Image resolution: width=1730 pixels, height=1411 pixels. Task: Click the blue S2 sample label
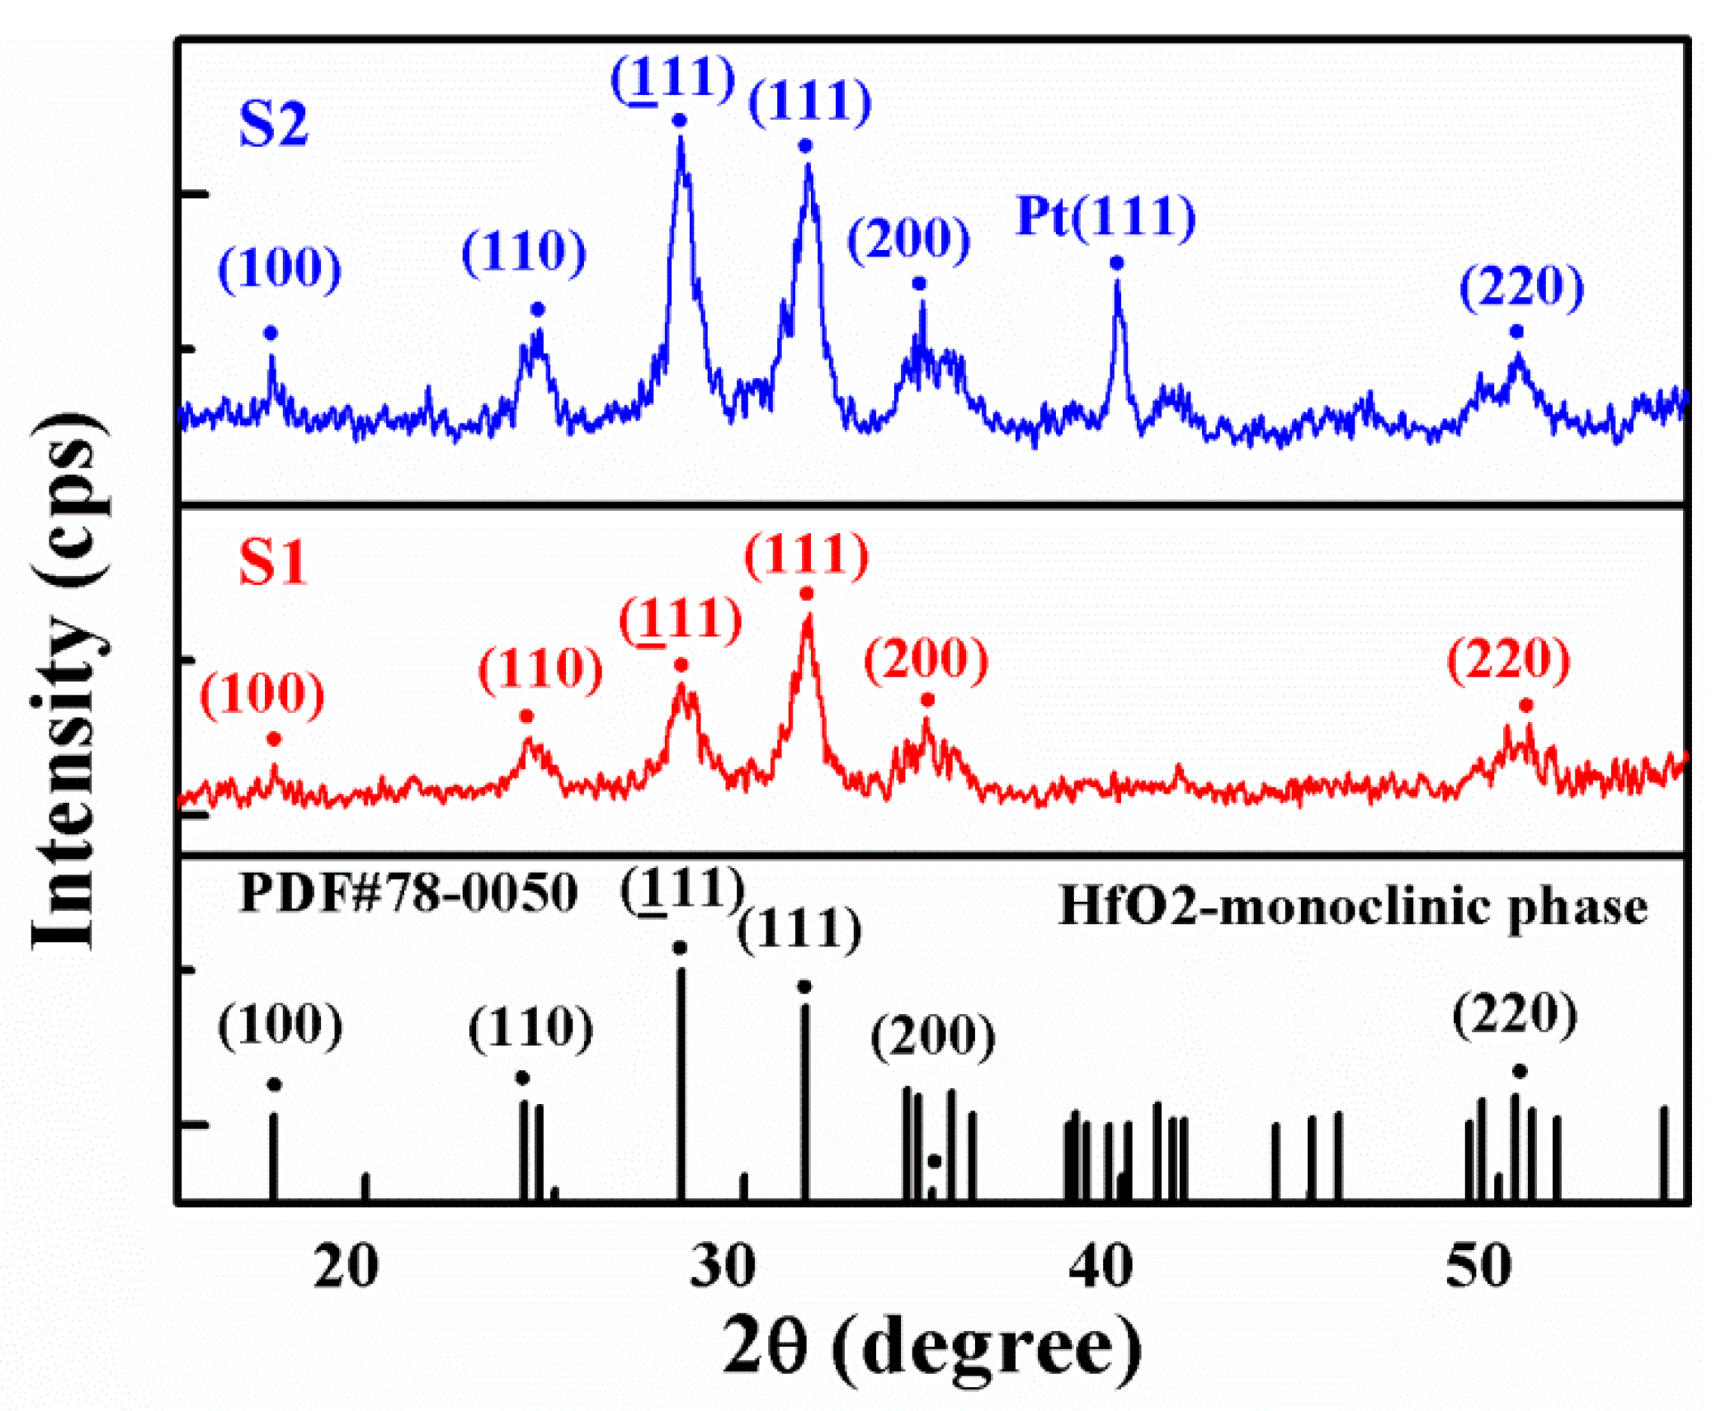[x=273, y=125]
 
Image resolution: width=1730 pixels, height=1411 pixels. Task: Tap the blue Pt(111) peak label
[x=1105, y=217]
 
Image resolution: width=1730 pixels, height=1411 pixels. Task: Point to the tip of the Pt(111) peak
[x=1117, y=283]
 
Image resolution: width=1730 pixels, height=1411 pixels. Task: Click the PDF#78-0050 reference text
[x=408, y=893]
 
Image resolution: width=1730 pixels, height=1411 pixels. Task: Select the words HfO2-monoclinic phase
[x=1352, y=908]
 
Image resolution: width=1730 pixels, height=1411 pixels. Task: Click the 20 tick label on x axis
[x=346, y=1267]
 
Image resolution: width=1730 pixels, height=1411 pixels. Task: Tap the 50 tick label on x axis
[x=1479, y=1267]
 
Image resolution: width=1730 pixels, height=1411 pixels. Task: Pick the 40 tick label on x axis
[x=1101, y=1267]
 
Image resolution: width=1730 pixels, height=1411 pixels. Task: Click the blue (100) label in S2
[x=280, y=268]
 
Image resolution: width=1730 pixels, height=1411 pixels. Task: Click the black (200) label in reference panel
[x=933, y=1036]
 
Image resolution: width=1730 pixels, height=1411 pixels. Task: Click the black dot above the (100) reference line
[x=275, y=1084]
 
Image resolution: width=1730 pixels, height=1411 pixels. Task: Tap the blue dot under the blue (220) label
[x=1516, y=332]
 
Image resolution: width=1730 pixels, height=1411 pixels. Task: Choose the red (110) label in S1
[x=540, y=668]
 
